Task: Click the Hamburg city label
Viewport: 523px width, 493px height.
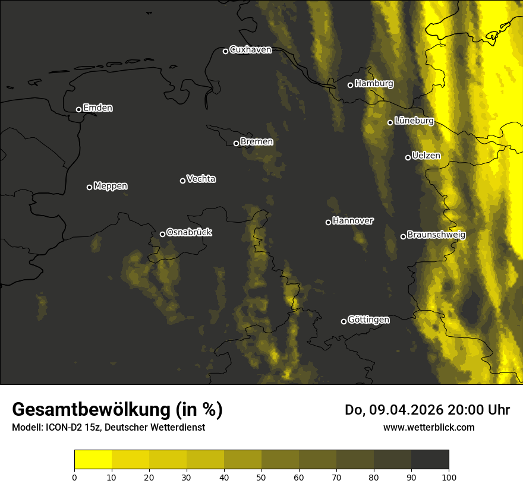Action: coord(374,84)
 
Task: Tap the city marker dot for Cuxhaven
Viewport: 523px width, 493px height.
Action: coord(225,51)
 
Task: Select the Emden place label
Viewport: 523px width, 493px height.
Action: coord(97,108)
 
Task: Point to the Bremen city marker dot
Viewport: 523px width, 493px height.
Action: coord(236,143)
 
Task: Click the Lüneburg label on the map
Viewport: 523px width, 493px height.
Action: coord(414,121)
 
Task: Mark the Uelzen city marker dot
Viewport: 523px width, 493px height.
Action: coord(408,157)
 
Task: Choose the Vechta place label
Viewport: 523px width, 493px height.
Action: coord(201,179)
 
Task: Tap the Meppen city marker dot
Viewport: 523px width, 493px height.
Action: coord(89,187)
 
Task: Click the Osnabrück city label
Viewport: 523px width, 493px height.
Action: coord(189,232)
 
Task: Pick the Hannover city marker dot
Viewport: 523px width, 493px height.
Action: coord(328,222)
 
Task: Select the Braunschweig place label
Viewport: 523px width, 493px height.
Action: coord(436,235)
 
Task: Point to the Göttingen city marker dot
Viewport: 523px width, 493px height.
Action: coord(344,321)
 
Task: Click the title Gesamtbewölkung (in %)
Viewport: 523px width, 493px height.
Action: coord(117,410)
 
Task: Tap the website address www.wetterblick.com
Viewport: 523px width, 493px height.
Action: coord(429,427)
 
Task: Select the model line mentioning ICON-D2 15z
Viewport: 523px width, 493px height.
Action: coord(108,428)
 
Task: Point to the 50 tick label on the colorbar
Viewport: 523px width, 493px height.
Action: coord(261,476)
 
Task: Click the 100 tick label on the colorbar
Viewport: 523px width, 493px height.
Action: coord(449,476)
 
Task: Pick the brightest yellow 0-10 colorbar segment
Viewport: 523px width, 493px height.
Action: coord(93,460)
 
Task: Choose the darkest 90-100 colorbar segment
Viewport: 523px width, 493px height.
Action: coord(430,460)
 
